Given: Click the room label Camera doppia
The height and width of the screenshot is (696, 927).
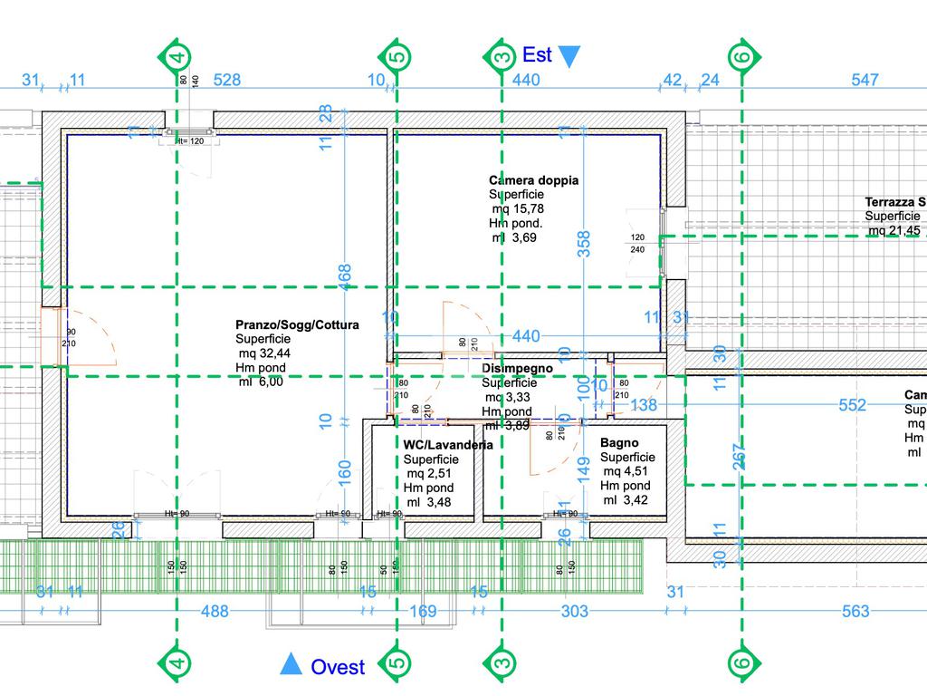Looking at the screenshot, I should (533, 180).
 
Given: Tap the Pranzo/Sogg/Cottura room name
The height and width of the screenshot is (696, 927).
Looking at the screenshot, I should (297, 324).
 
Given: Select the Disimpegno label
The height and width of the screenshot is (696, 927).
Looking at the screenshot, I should (517, 369).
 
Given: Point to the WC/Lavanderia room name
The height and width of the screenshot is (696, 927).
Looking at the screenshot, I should (448, 445).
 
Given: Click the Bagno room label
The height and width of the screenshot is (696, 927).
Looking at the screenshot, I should (619, 443).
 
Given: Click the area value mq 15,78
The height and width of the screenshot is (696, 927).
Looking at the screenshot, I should (518, 208).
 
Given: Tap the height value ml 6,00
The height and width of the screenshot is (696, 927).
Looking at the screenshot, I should (261, 382).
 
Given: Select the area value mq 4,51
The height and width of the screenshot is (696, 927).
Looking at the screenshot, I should (626, 471).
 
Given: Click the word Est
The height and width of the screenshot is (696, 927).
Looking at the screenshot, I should (537, 55).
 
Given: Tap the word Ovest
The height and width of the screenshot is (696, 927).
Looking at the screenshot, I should (338, 668).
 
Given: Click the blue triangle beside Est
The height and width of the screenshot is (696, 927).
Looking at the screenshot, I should (569, 57).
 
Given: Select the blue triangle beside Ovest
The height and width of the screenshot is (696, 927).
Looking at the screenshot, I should (291, 665).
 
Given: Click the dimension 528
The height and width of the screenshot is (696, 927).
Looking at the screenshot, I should (227, 80).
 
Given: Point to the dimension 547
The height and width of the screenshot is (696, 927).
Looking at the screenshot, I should (865, 80).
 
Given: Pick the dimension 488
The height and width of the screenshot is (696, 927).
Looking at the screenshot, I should (215, 612).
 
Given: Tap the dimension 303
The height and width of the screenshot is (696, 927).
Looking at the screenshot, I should (574, 612).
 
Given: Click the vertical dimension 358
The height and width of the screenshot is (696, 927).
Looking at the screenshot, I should (585, 243).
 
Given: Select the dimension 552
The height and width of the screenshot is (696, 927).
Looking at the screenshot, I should (852, 405).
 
